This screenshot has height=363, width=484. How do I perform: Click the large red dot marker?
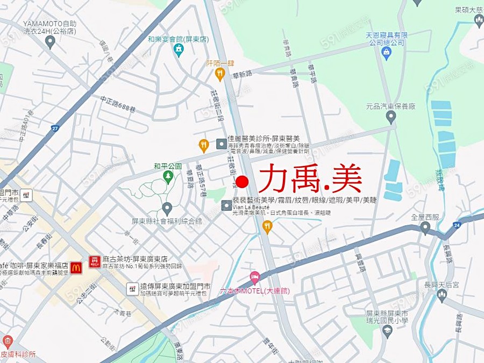242,182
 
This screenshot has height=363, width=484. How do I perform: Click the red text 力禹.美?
310,179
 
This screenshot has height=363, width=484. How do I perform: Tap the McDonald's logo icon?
76,266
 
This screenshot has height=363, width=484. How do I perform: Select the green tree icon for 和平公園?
168,176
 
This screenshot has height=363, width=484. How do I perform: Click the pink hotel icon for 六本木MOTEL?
255,278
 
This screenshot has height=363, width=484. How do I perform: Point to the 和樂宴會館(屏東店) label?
178,39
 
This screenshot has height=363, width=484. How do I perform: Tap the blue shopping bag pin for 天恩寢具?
386,52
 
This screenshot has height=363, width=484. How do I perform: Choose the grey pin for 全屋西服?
425,228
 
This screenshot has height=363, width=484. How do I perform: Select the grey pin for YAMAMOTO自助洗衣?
50,41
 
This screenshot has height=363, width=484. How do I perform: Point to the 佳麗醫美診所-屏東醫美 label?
264,138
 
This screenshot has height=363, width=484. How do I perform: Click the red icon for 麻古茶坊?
94,262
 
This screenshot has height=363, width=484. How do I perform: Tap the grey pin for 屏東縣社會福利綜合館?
167,208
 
